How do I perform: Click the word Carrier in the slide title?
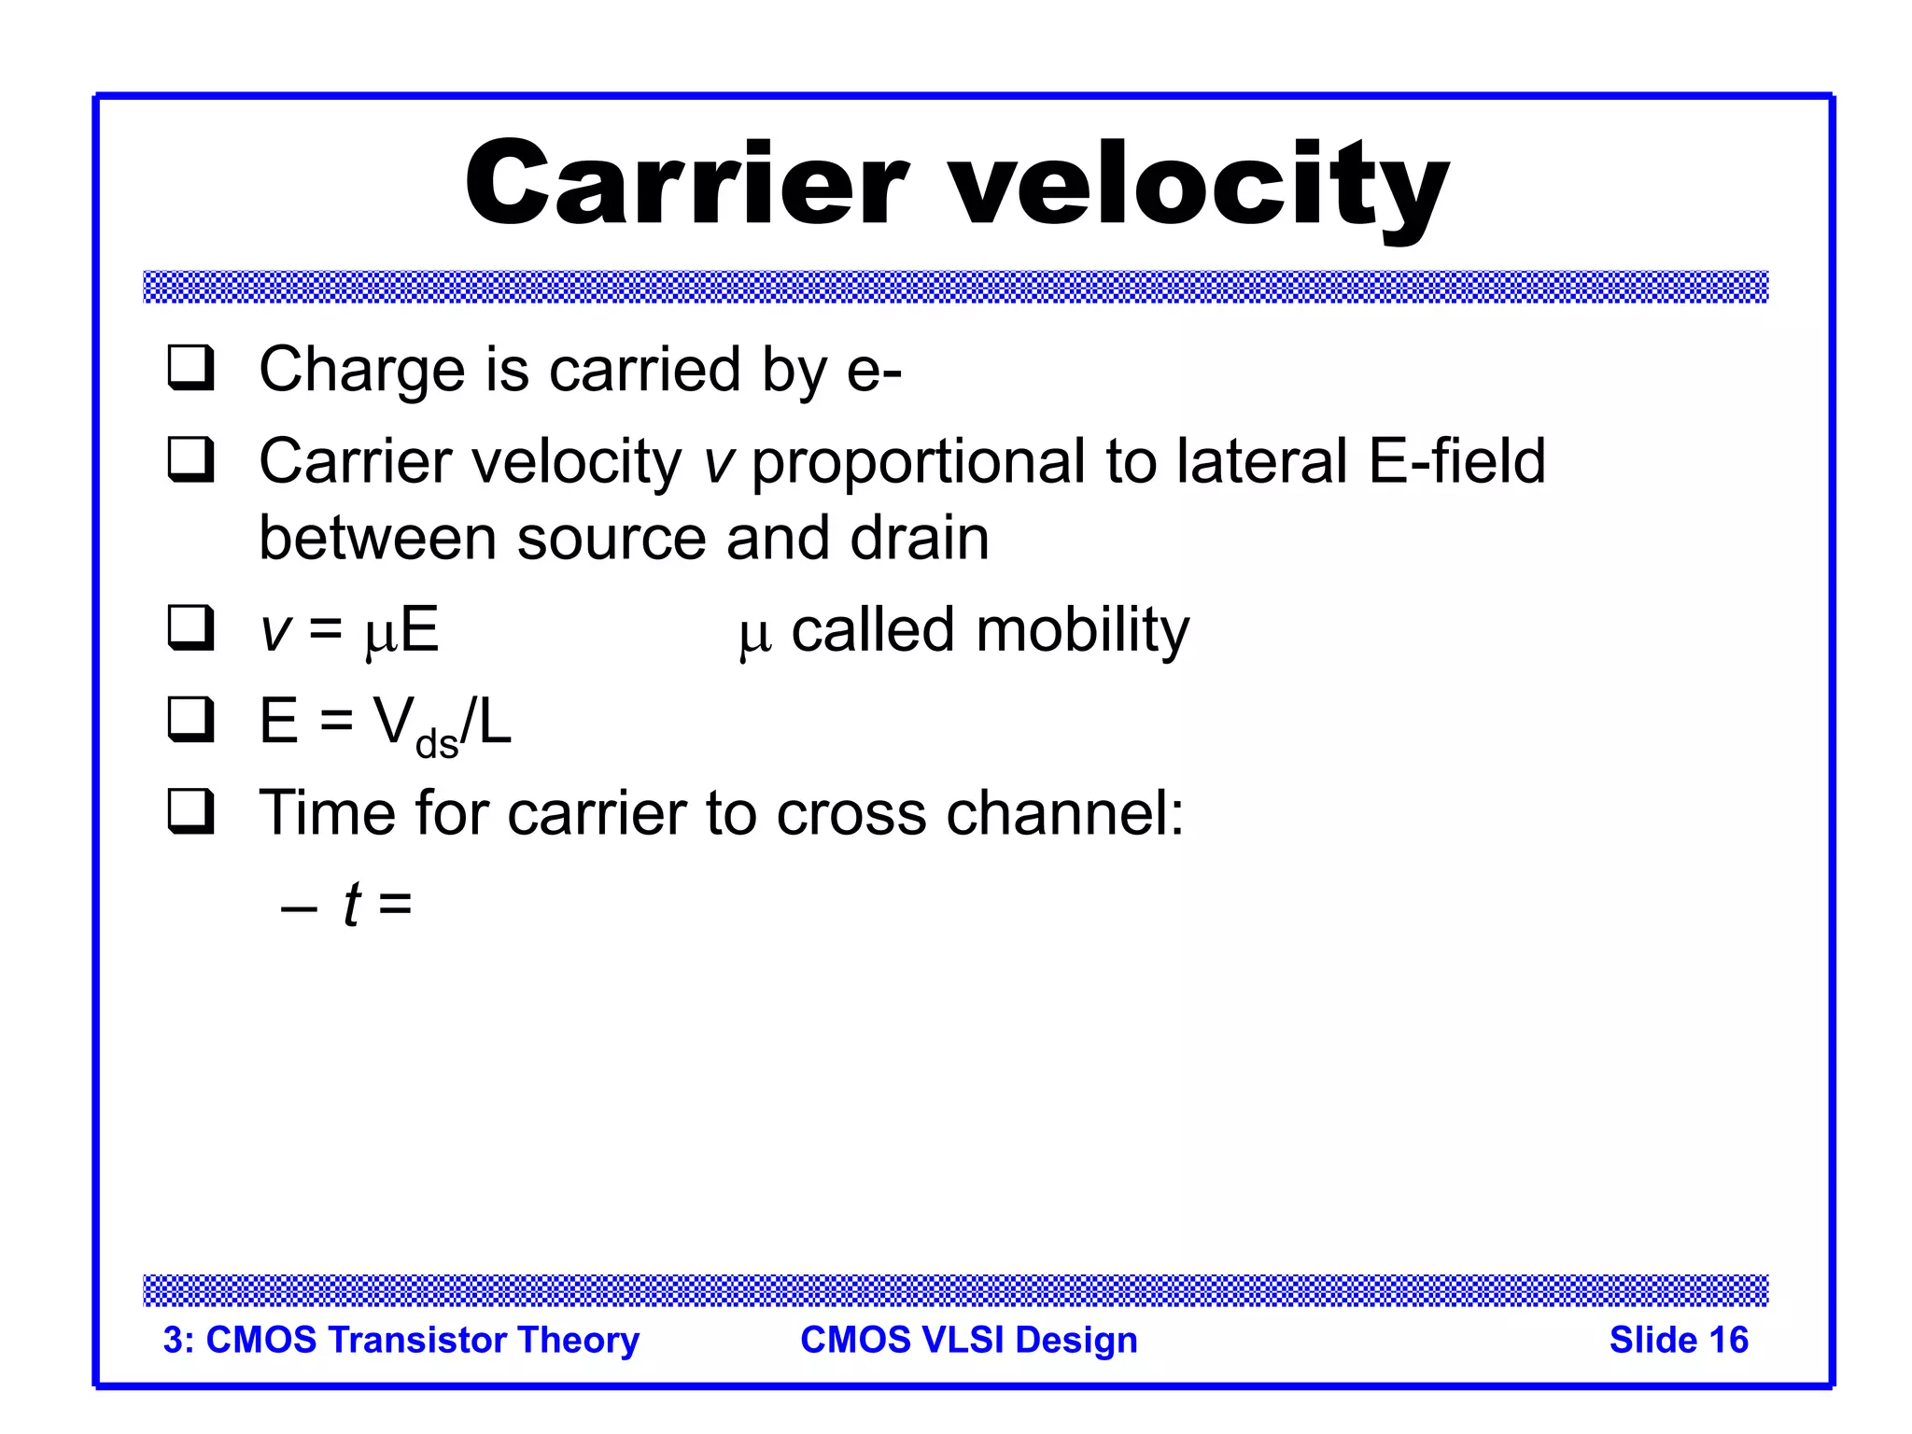(686, 184)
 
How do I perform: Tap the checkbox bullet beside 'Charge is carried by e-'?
(191, 368)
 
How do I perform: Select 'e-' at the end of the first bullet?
(874, 370)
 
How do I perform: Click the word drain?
(920, 539)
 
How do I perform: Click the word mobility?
(1082, 630)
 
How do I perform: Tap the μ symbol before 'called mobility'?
(754, 635)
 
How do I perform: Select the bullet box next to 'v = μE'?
(191, 627)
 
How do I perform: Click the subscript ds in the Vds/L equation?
(436, 744)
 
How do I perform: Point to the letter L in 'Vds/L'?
(495, 722)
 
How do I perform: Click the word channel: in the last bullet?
(1064, 812)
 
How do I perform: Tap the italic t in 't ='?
(351, 904)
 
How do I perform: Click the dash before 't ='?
(299, 906)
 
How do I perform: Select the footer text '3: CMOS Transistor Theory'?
(401, 1340)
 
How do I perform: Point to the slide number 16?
(1727, 1340)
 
